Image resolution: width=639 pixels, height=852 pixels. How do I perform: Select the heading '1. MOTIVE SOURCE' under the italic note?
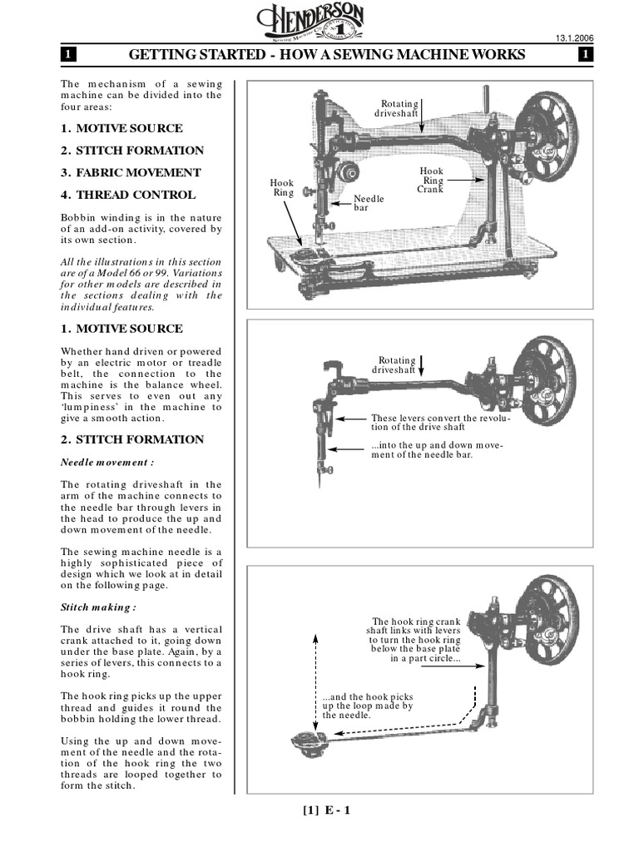[x=121, y=329]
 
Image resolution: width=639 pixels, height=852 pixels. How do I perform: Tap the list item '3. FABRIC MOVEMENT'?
[x=131, y=172]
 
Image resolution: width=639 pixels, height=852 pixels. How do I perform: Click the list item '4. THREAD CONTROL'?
[x=128, y=195]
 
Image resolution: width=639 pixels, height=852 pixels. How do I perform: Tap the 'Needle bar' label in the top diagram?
[x=368, y=202]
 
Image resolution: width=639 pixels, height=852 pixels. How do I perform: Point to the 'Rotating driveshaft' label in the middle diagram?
[x=393, y=364]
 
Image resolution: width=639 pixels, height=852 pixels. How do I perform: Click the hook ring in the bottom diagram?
[x=301, y=739]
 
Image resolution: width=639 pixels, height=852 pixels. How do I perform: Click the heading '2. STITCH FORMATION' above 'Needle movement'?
[x=132, y=439]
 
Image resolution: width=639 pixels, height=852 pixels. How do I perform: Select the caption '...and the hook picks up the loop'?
[x=368, y=705]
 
